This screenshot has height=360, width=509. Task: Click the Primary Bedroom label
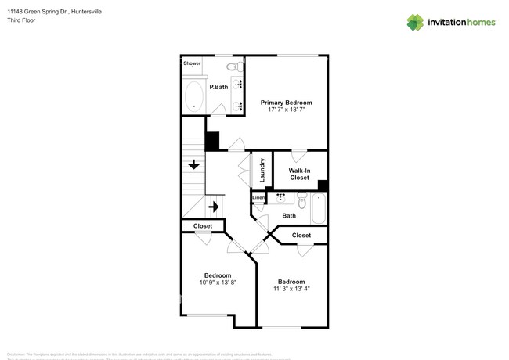click(x=286, y=103)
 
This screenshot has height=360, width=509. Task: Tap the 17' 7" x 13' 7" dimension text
click(x=286, y=110)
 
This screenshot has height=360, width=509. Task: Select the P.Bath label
click(x=218, y=87)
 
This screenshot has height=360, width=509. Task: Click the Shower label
click(x=192, y=63)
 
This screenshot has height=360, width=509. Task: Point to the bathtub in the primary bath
click(x=194, y=98)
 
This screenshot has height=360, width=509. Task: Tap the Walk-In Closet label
click(x=299, y=174)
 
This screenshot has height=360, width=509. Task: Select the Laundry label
click(x=262, y=171)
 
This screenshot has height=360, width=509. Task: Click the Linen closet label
click(x=258, y=198)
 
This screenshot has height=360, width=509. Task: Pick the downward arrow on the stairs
click(x=193, y=164)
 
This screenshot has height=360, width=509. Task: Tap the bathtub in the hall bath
click(x=318, y=208)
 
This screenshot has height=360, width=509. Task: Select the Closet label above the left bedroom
click(x=203, y=226)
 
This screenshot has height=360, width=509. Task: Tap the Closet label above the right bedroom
click(x=301, y=235)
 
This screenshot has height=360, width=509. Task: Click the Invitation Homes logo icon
click(x=415, y=22)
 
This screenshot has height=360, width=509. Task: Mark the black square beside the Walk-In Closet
click(x=323, y=185)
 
